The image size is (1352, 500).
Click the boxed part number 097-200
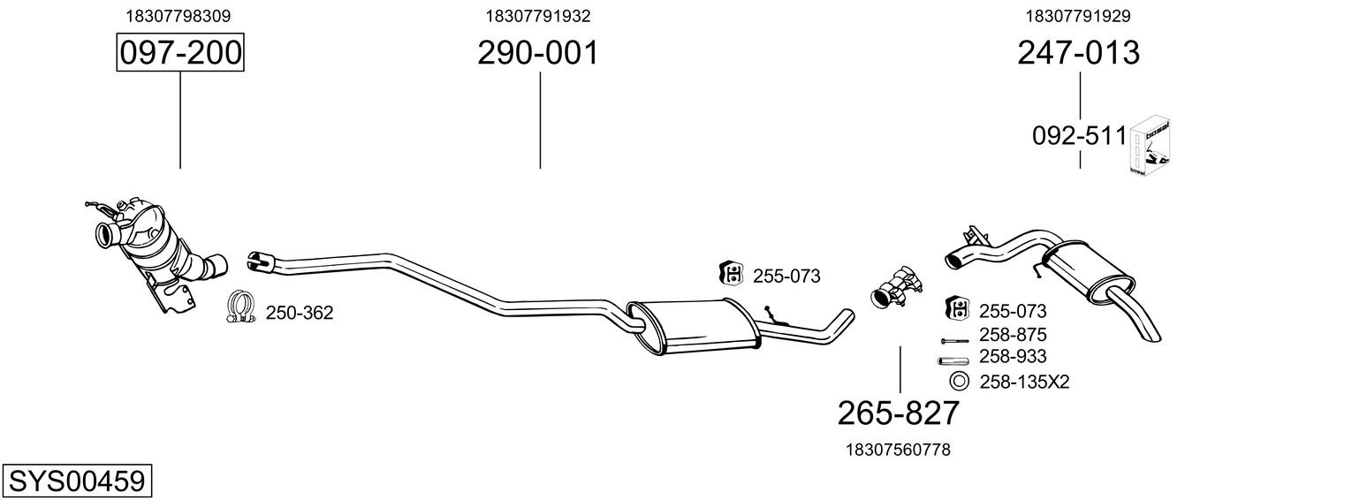click(180, 53)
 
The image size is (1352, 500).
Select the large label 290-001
click(538, 53)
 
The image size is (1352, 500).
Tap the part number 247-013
click(1078, 53)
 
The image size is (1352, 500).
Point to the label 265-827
click(898, 413)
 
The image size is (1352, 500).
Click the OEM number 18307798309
click(180, 16)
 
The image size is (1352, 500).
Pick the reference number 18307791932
click(538, 16)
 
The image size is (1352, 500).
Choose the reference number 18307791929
click(1078, 16)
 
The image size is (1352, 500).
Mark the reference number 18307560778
click(898, 450)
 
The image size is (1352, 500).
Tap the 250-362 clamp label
click(300, 313)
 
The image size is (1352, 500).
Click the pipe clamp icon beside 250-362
click(240, 307)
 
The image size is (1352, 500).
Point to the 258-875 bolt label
click(1013, 335)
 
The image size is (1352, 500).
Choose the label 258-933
click(1013, 356)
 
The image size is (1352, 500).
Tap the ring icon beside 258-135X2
click(958, 382)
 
